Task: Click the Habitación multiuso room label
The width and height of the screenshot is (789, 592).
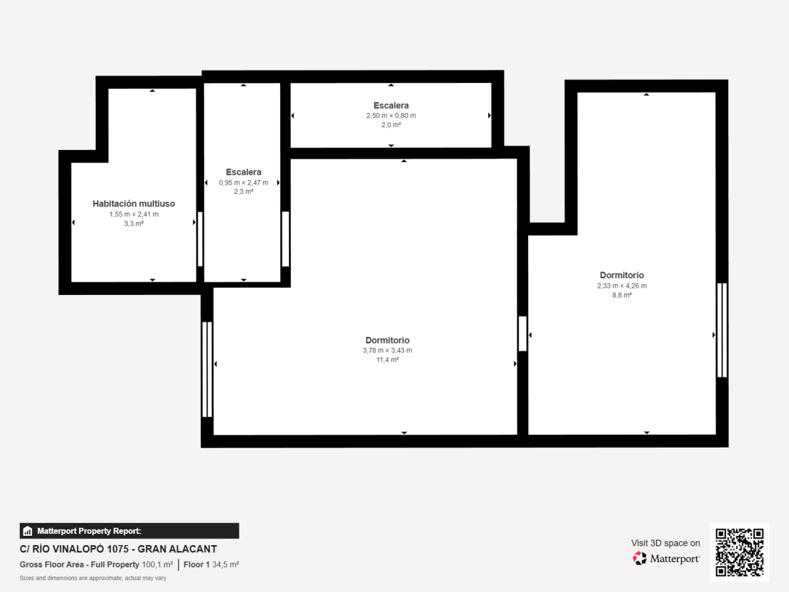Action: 134,203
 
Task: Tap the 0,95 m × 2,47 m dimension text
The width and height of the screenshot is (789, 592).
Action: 243,183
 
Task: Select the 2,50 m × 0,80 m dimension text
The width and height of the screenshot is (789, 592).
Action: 391,115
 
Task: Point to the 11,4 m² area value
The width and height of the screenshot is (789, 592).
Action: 387,359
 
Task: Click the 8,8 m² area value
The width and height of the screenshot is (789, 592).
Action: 622,295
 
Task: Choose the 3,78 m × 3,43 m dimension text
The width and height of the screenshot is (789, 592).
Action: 387,351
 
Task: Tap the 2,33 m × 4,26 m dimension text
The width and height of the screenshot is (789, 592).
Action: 622,286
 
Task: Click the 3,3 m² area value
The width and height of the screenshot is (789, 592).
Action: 134,223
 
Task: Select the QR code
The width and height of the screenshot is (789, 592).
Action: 740,553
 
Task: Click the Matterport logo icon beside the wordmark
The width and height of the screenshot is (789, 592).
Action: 639,559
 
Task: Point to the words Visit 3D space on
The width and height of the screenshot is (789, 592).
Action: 666,543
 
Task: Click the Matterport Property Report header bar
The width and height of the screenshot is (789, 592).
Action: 129,530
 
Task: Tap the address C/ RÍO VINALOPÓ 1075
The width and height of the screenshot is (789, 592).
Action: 74,549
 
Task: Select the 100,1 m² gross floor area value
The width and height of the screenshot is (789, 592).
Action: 158,565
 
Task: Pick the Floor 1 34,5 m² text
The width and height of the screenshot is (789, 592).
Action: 211,565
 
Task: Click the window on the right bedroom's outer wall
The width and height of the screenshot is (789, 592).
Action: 722,330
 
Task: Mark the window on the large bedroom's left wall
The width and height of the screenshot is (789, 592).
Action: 207,369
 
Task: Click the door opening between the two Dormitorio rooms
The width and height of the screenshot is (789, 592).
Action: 523,334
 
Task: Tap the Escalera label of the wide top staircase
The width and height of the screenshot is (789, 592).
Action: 391,105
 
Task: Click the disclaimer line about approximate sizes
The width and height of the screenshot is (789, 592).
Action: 93,578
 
